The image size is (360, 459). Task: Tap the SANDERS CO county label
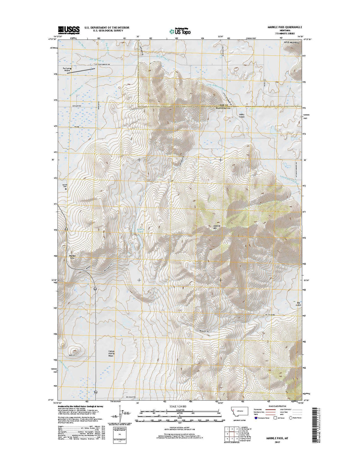coord(223,108)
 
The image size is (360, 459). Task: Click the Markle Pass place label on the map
coord(72,257)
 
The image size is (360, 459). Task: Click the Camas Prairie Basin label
coord(111,353)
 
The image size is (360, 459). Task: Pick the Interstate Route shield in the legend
coord(256,418)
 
